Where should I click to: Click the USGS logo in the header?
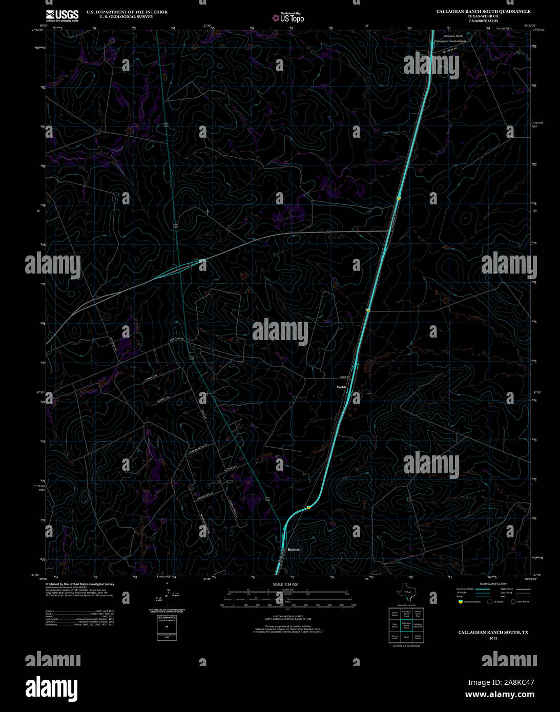coord(62,15)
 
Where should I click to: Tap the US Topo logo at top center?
coord(288,17)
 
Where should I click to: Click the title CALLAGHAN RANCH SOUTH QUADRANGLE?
coord(483,11)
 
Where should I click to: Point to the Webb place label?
coord(341,387)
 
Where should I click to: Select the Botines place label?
coord(294,550)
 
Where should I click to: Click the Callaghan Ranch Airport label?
coord(451,40)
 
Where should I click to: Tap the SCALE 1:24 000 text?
coord(285,584)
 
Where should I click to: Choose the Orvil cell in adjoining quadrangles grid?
coord(406,638)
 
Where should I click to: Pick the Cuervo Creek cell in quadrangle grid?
coord(395,638)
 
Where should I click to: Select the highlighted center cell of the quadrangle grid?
coord(406,625)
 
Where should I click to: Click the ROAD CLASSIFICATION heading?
coord(493,584)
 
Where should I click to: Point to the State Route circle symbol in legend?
coord(512,601)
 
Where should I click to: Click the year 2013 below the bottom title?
coord(493,638)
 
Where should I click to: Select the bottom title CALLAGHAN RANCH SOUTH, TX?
coord(493,633)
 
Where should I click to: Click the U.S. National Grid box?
coord(163,628)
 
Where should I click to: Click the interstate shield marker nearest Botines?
coord(309,507)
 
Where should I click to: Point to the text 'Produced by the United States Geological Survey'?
coord(80,584)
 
